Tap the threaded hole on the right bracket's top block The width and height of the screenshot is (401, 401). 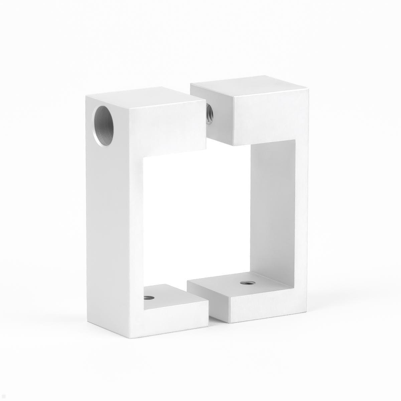pyautogui.click(x=210, y=114)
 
